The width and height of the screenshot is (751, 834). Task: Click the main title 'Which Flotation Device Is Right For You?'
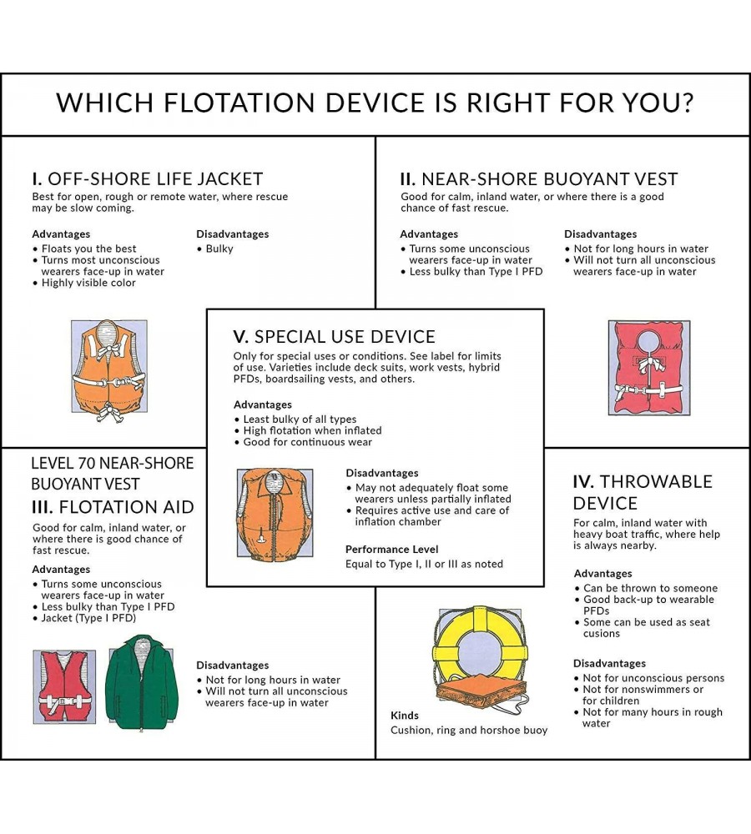click(375, 103)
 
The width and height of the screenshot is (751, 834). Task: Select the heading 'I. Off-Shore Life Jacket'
click(148, 178)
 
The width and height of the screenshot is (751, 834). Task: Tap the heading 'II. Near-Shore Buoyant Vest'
click(538, 178)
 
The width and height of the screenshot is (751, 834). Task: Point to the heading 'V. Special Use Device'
click(335, 337)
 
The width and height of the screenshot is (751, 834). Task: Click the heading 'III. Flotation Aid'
click(113, 507)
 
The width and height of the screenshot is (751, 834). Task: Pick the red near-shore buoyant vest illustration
click(649, 368)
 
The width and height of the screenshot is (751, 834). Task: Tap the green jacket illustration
click(142, 682)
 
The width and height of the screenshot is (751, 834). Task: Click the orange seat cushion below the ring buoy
click(481, 692)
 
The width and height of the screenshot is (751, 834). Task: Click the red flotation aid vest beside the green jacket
click(64, 686)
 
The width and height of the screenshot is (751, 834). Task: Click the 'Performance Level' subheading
click(391, 549)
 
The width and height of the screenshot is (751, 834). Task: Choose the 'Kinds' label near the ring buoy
click(405, 716)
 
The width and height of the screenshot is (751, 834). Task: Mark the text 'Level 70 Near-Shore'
click(113, 463)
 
